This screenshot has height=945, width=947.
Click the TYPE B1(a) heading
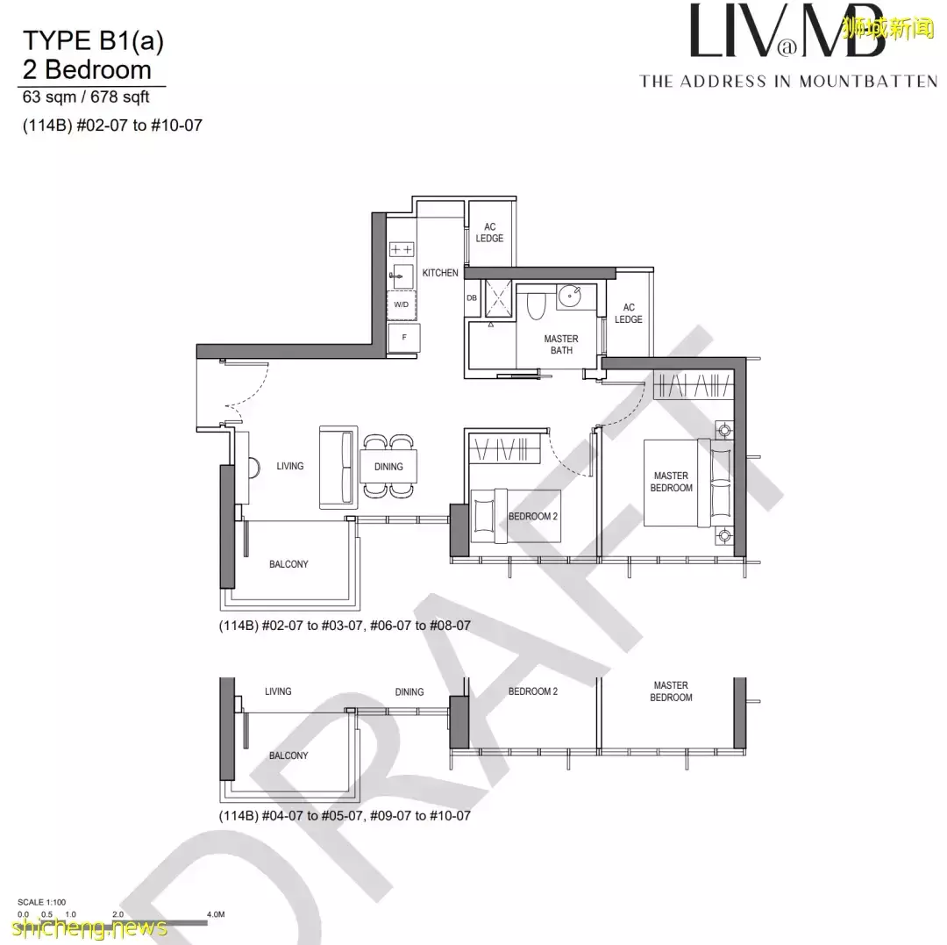pos(93,39)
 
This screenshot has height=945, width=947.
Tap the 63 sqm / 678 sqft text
pos(86,97)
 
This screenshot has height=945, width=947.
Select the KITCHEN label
pos(440,273)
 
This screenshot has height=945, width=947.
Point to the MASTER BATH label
pos(561,345)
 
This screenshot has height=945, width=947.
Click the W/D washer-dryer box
pos(402,304)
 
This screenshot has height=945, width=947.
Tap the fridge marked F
pos(404,337)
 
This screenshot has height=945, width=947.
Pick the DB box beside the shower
pos(472,297)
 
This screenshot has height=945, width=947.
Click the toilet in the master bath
pos(538,304)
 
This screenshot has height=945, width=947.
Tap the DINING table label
pos(388,467)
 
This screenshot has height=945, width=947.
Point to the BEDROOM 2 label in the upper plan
pos(533,517)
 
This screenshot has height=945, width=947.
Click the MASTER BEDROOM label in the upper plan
pos(672,482)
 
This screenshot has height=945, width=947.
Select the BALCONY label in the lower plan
pos(288,755)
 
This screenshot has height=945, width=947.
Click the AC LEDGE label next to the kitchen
pos(490,233)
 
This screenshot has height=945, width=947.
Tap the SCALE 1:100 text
pos(43,902)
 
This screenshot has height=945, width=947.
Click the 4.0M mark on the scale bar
pos(216,913)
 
